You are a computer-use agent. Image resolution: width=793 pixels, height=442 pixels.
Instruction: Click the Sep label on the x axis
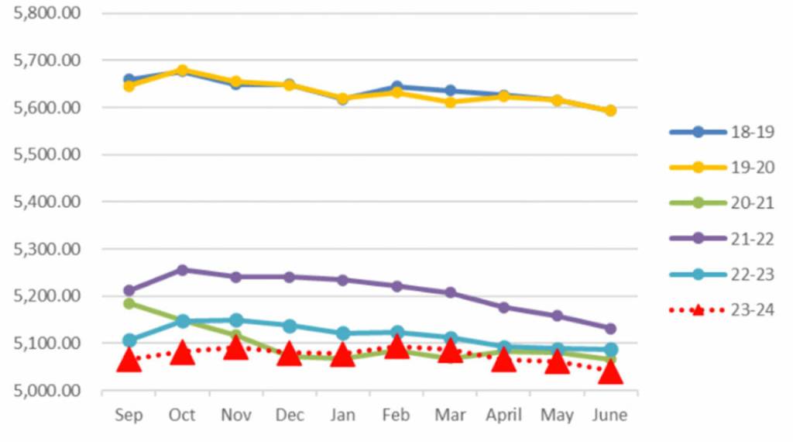129,415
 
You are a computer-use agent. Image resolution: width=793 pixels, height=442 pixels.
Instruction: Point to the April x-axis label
503,415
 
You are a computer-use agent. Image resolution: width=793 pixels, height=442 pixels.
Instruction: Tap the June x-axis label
610,415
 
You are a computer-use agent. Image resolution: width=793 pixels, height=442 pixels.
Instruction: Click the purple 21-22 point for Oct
182,270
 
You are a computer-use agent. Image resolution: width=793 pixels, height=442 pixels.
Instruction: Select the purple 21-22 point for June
610,329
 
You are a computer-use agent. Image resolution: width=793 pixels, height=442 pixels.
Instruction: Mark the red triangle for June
610,371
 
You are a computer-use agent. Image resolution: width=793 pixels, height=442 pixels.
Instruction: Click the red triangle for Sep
129,361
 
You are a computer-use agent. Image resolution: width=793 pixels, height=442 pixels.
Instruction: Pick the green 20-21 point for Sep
129,303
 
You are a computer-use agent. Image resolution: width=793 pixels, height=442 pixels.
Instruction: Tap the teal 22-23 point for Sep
129,340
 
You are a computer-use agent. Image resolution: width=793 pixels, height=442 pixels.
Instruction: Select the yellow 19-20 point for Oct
182,70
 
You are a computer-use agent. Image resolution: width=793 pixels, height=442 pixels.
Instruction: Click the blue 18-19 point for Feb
396,87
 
